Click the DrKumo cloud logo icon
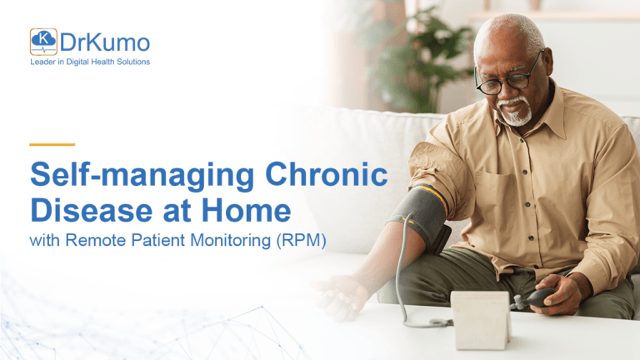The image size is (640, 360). pyautogui.click(x=43, y=42)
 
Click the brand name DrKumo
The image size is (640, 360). pyautogui.click(x=104, y=42)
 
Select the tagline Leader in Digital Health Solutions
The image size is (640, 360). pyautogui.click(x=90, y=62)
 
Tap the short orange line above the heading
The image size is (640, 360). pyautogui.click(x=52, y=144)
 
